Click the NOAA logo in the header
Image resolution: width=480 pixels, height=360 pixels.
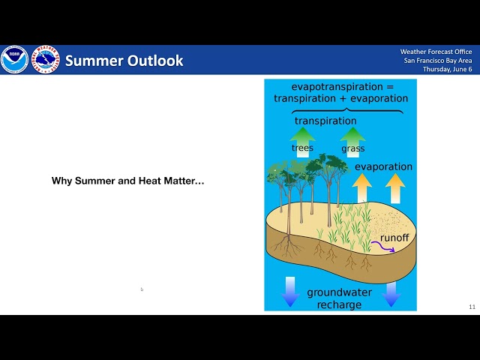14,60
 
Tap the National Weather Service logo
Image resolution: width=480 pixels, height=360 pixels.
45,60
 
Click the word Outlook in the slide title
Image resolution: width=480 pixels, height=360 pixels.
154,61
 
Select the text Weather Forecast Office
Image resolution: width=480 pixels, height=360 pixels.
436,51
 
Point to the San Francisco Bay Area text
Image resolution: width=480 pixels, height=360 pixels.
438,60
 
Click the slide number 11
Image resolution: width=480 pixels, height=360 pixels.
472,307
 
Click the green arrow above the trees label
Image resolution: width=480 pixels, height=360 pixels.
302,136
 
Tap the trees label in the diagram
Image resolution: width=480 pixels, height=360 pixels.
302,148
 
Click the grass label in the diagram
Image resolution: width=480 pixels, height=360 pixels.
352,149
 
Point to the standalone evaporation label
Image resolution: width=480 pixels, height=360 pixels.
383,166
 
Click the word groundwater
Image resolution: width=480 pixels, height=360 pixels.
339,292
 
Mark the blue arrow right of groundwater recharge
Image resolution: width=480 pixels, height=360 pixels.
391,293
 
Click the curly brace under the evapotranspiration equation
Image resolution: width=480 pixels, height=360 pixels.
340,110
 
